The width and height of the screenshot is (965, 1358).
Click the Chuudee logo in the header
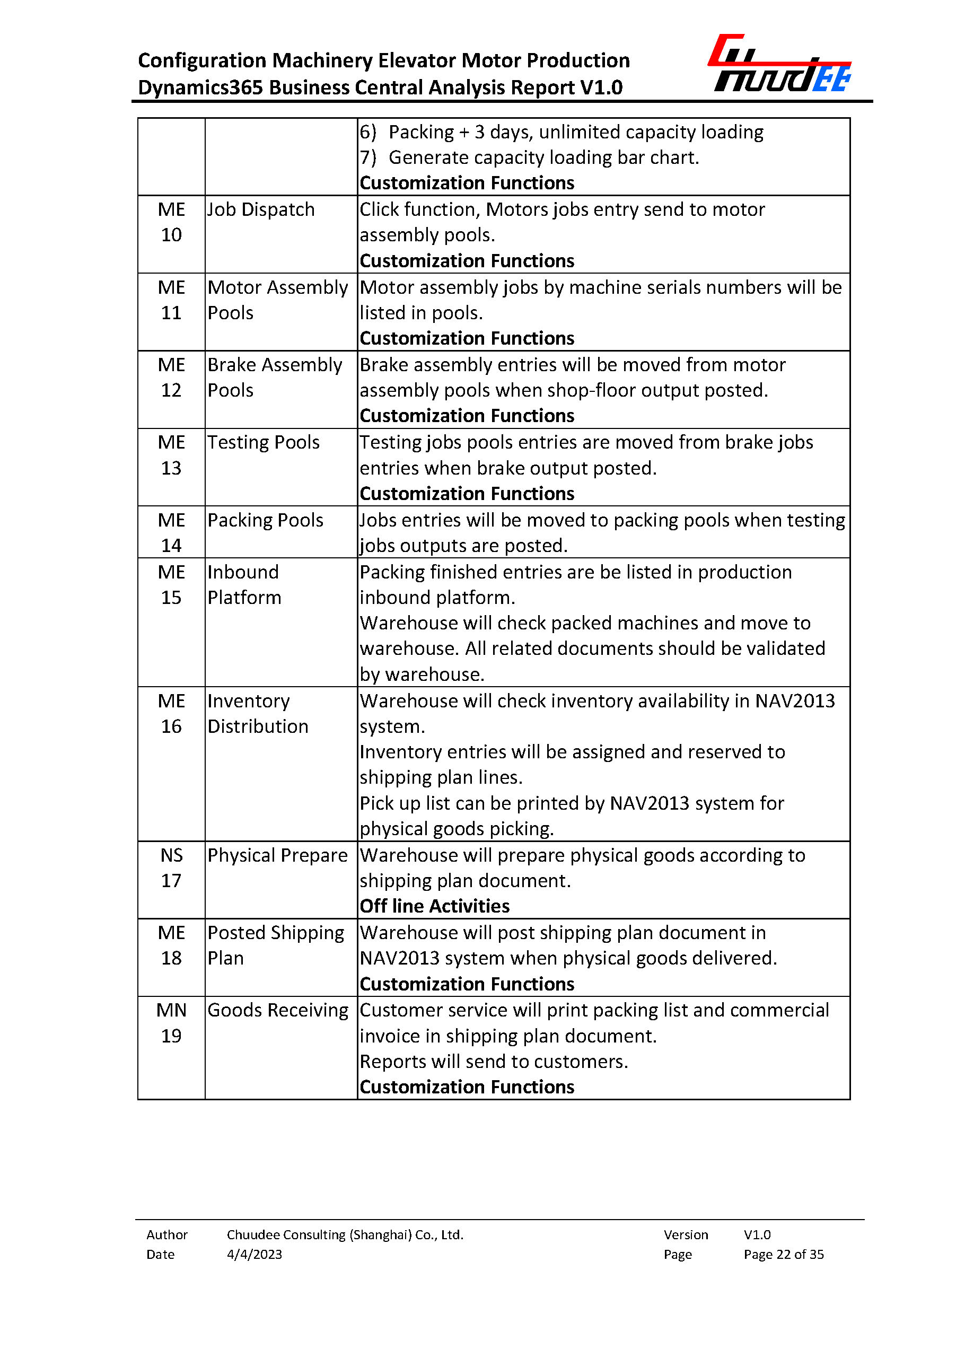[779, 64]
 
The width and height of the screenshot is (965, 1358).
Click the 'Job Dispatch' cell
[261, 210]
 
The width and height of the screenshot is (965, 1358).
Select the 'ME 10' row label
[171, 222]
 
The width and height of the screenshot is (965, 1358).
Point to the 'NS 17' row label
[171, 868]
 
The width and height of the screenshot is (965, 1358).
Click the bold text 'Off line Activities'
[434, 906]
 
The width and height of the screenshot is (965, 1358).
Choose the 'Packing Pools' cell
[265, 520]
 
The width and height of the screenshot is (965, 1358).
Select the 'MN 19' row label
[171, 1023]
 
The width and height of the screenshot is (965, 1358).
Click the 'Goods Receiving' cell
[277, 1010]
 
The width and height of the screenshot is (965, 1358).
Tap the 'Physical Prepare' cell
[277, 855]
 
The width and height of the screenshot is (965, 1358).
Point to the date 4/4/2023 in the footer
[255, 1254]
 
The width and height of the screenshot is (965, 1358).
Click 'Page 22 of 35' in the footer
[783, 1254]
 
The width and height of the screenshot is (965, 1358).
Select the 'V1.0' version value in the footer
[757, 1234]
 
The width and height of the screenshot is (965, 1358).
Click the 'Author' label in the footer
[167, 1234]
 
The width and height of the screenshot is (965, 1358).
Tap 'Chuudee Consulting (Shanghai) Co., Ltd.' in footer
[345, 1234]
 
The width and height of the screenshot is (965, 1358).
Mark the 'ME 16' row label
[171, 713]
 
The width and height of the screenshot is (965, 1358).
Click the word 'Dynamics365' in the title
[200, 88]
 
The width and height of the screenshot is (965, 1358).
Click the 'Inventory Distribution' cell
[258, 713]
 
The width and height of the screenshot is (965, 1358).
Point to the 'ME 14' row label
[171, 532]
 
